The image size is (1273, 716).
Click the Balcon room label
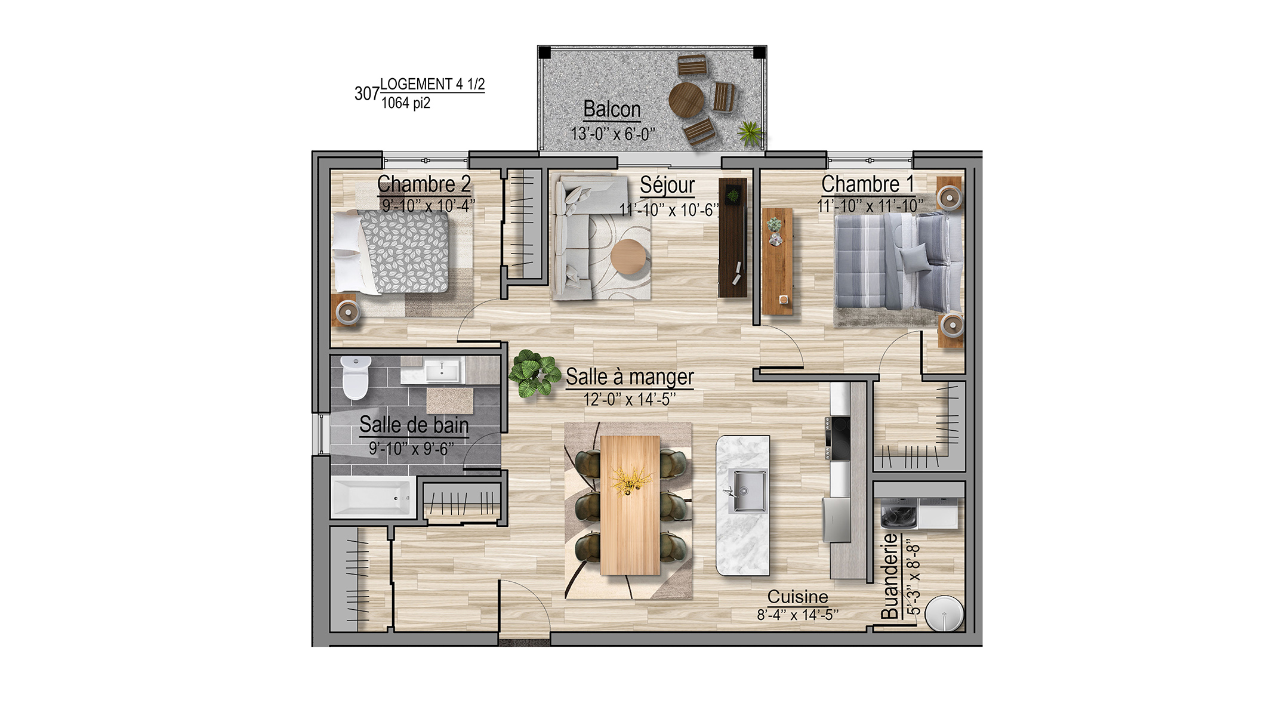pos(612,110)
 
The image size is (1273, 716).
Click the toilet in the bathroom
pos(356,377)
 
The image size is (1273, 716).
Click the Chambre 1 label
pos(868,184)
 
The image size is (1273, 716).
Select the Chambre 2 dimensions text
pos(429,206)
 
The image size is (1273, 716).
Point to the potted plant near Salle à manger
pos(531,374)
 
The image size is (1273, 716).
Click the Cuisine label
pos(797,597)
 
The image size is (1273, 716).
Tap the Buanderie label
pos(889,576)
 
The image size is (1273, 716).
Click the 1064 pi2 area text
pos(406,103)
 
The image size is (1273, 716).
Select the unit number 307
pos(367,94)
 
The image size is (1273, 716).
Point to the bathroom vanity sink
pos(442,371)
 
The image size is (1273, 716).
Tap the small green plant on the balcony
pos(750,132)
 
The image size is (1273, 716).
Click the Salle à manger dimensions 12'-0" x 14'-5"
pos(630,399)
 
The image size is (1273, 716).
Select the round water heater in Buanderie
pos(944,613)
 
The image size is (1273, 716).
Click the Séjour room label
pos(667,186)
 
